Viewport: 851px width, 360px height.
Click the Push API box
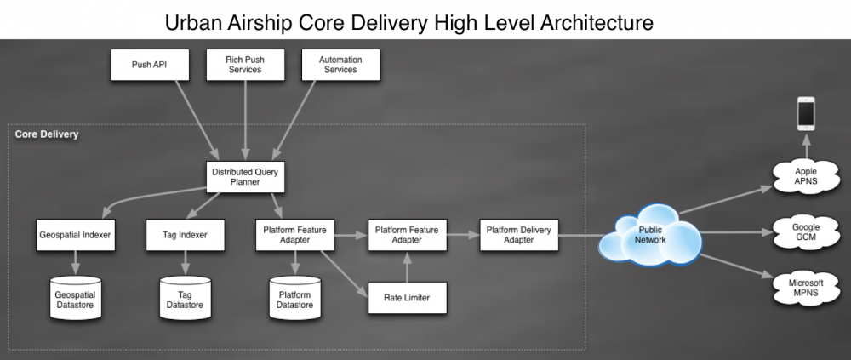150,66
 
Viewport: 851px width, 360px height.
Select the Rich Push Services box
245,66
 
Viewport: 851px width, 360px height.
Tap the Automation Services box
341,66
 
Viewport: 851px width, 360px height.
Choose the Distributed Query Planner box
245,177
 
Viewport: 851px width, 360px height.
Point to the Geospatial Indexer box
76,235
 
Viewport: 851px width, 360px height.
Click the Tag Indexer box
185,235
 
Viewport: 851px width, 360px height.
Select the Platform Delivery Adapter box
519,235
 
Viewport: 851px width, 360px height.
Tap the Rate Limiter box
407,298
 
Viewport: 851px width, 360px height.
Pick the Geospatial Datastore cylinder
76,298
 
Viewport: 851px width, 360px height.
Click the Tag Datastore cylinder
185,298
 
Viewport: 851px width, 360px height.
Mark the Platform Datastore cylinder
294,298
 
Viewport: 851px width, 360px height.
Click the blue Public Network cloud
650,235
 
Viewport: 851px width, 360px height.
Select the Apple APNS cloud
806,176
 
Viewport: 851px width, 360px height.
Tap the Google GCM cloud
806,232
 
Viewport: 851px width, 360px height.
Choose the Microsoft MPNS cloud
806,288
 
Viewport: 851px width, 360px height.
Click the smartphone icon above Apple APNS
806,113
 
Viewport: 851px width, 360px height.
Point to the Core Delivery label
47,134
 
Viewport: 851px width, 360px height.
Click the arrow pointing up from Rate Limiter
407,266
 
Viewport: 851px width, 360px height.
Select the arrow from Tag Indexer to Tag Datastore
185,263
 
